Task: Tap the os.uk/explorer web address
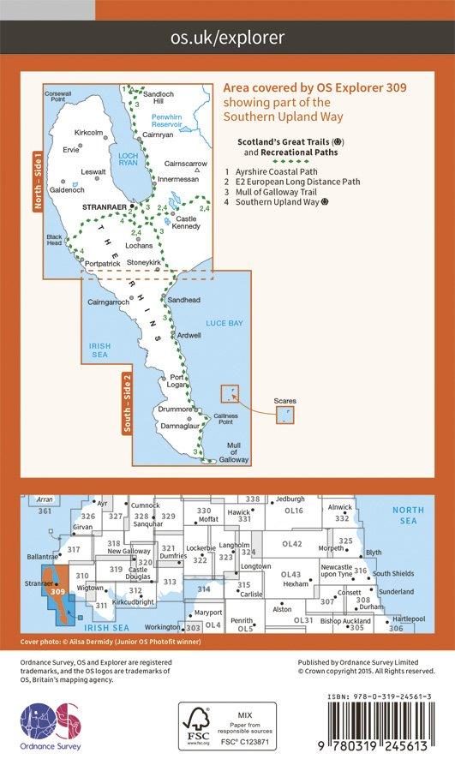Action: [x=227, y=38]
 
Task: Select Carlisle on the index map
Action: [x=251, y=594]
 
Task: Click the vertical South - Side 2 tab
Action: [x=126, y=405]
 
